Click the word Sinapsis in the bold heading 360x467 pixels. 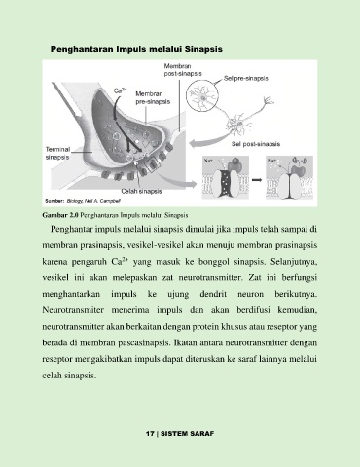(x=203, y=49)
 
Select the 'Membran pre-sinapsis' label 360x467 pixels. (x=153, y=98)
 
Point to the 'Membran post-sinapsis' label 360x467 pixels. (x=183, y=70)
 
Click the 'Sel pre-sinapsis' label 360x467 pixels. (x=246, y=78)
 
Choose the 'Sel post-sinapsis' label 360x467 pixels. (x=256, y=144)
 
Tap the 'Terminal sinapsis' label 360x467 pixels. (x=57, y=154)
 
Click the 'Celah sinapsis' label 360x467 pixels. (x=141, y=191)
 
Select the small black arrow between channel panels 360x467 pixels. (x=257, y=179)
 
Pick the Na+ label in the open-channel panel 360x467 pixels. (x=208, y=161)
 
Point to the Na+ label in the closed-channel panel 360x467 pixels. (x=271, y=161)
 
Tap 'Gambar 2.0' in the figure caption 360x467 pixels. (x=60, y=215)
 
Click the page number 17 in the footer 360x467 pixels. (x=150, y=434)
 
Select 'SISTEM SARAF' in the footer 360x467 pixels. (x=188, y=434)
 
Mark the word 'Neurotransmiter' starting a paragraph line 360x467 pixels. (x=73, y=310)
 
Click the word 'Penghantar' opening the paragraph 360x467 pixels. (x=71, y=230)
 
